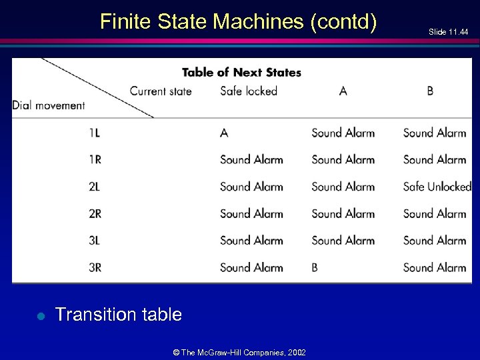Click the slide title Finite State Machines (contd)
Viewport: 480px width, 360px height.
click(x=238, y=22)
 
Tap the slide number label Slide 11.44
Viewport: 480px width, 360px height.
click(x=448, y=32)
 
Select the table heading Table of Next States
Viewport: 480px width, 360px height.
click(x=241, y=72)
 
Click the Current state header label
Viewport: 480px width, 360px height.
click(x=161, y=91)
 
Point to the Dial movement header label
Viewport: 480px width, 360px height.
click(x=49, y=105)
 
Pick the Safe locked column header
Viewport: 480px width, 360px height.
click(x=248, y=91)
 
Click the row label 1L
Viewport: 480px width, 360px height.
click(x=94, y=133)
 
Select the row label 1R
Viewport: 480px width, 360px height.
click(x=95, y=159)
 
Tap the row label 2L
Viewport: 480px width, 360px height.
click(x=94, y=187)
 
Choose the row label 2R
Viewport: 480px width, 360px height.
click(x=95, y=213)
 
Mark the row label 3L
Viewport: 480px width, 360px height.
click(x=94, y=241)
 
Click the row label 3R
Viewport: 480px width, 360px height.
click(x=95, y=267)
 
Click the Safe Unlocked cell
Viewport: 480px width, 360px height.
click(x=437, y=187)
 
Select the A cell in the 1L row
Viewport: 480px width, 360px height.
click(x=224, y=133)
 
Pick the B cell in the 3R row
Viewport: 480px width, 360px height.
click(x=315, y=267)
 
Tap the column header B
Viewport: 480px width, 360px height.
click(x=430, y=91)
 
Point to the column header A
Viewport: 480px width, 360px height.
click(x=343, y=91)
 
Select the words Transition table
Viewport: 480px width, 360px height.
click(x=119, y=315)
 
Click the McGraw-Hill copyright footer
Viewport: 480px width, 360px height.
click(x=239, y=352)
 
